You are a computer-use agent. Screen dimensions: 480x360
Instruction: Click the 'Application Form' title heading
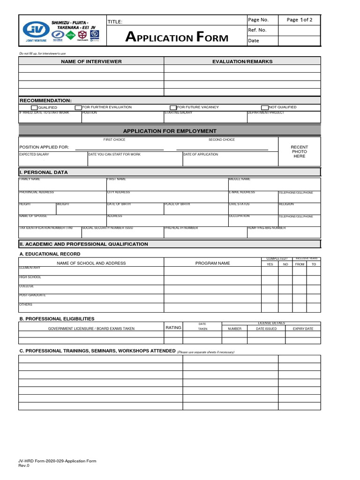click(177, 37)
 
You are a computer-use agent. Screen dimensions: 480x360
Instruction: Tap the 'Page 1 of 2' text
click(300, 20)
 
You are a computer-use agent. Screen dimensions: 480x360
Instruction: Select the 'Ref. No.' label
click(257, 30)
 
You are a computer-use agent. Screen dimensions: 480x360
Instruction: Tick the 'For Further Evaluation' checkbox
click(79, 107)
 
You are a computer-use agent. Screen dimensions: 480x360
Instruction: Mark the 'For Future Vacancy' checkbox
click(173, 107)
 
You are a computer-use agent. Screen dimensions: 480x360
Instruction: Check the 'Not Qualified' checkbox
click(264, 107)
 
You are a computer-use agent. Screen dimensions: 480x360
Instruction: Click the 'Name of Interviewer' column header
click(91, 61)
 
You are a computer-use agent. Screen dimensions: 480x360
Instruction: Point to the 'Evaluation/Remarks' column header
click(242, 61)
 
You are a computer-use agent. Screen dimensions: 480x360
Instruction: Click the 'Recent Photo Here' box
click(299, 151)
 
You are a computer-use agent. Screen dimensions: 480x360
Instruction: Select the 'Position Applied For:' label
click(44, 147)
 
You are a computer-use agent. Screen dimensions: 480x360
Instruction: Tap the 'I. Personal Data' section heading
click(44, 172)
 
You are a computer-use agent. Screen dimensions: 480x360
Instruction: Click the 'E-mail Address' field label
click(242, 192)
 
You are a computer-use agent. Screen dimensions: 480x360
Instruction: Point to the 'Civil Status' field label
click(239, 204)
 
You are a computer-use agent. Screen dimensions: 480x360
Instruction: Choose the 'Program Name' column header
click(212, 263)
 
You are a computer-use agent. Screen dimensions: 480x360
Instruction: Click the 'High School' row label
click(30, 277)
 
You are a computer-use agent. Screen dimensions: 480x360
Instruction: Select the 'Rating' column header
click(173, 328)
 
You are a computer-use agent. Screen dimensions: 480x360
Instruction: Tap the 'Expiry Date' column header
click(303, 329)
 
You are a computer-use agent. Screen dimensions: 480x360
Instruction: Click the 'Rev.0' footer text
click(24, 465)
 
